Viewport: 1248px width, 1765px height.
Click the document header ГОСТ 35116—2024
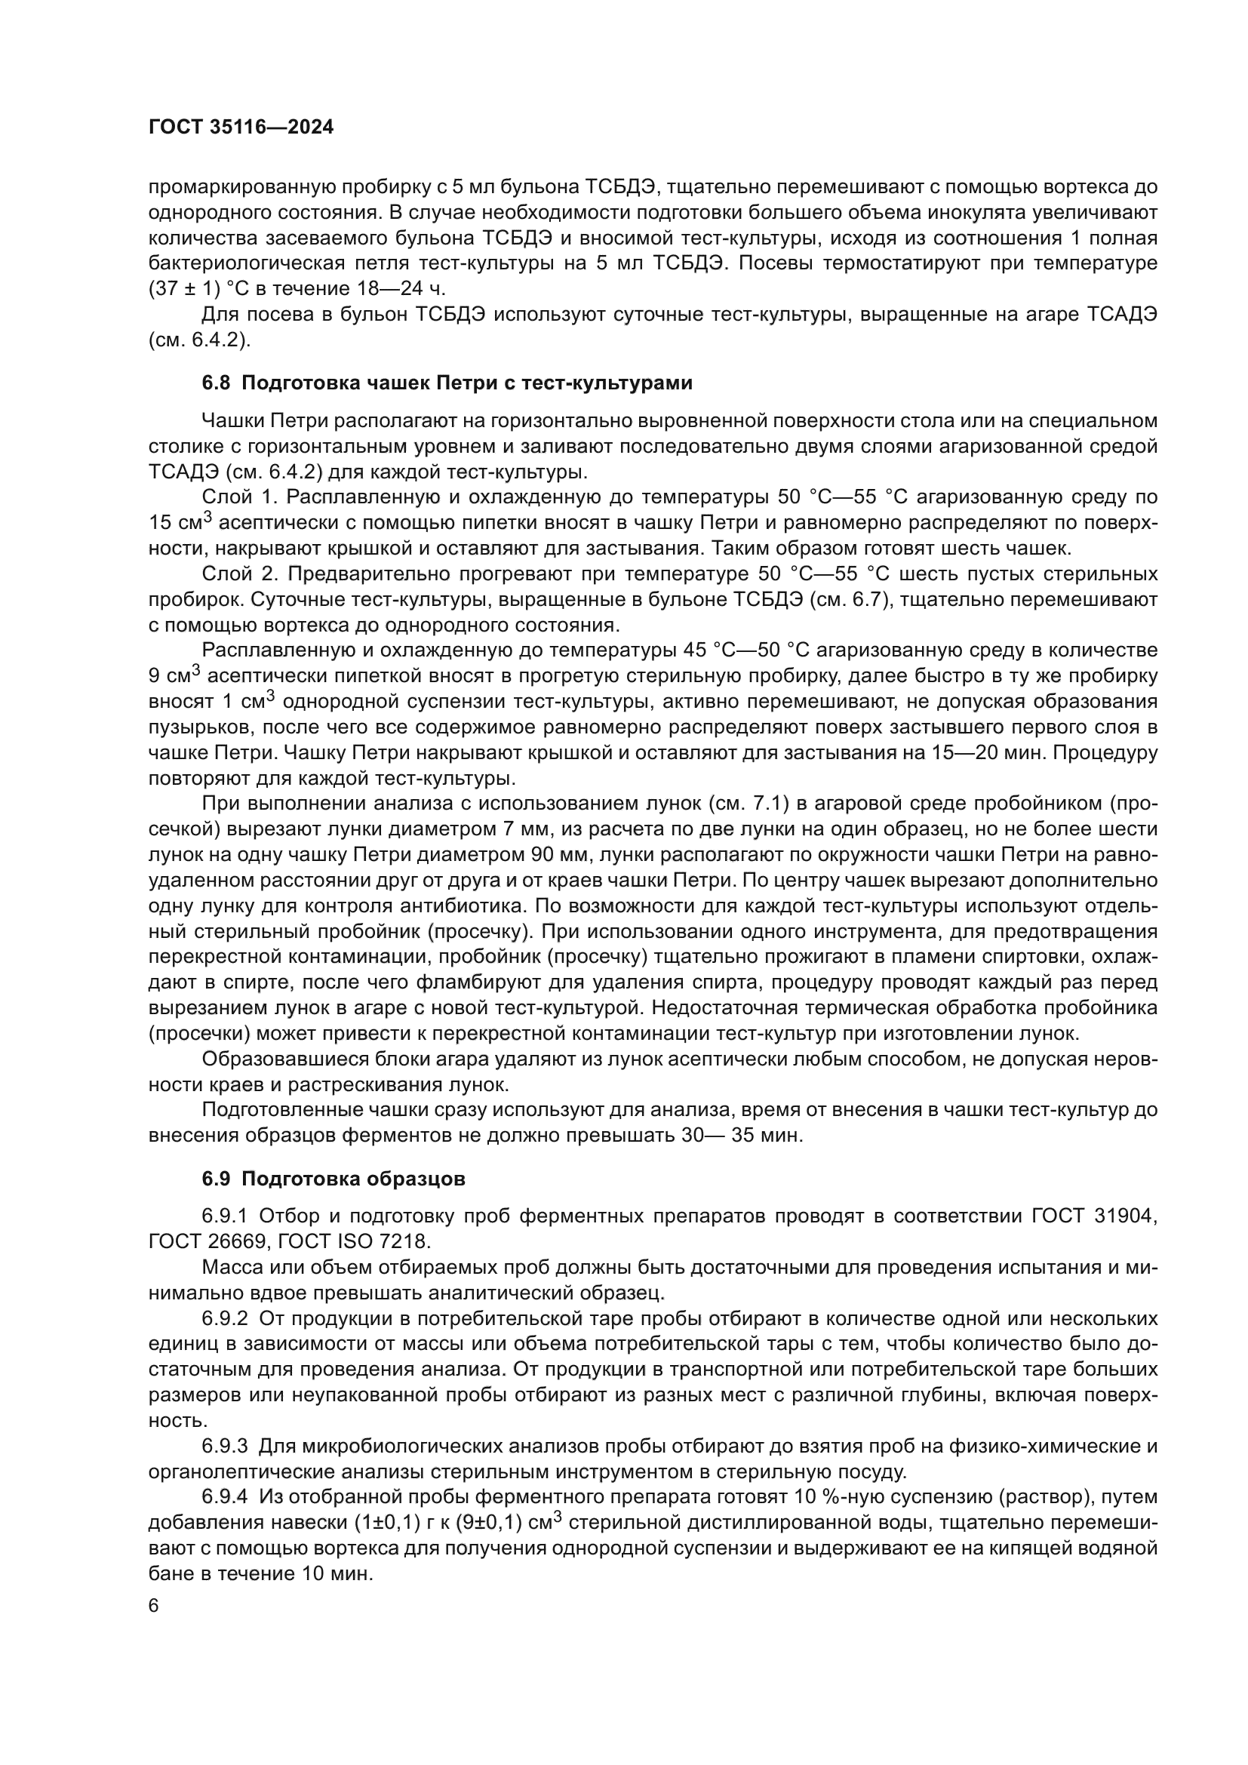(x=241, y=128)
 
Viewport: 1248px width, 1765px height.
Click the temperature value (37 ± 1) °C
(x=201, y=289)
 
